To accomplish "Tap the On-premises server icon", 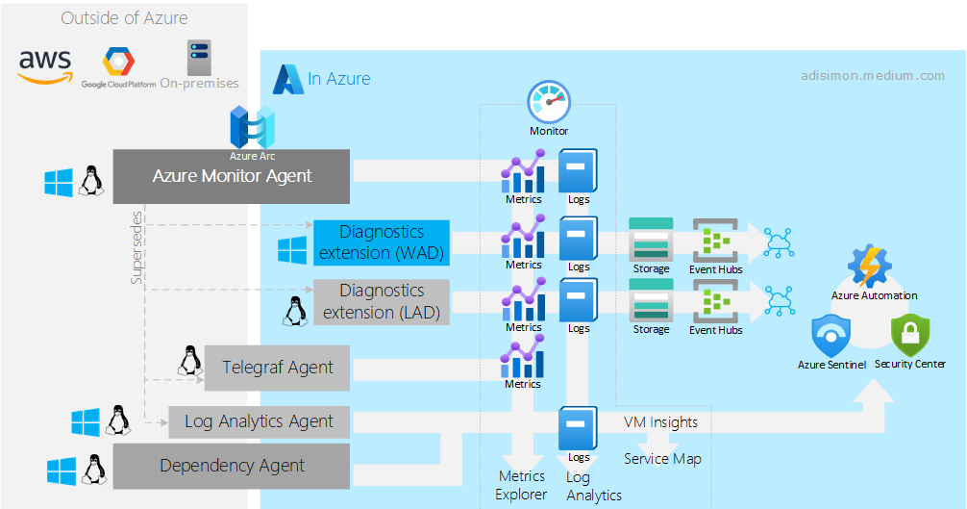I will coord(200,57).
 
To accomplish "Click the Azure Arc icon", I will coord(253,128).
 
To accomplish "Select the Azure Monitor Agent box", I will coord(232,176).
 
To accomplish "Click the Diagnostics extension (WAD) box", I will coord(382,242).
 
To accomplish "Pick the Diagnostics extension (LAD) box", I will coord(382,301).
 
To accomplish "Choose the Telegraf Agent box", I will coord(278,368).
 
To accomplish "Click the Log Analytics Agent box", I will coord(259,421).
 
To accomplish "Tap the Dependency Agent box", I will coord(232,466).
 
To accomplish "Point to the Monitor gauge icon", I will coord(549,102).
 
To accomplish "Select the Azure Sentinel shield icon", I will coord(831,336).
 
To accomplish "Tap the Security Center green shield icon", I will coord(909,336).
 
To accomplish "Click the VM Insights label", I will coord(660,421).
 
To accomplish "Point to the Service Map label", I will coord(662,459).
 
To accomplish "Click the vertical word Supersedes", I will coord(136,247).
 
